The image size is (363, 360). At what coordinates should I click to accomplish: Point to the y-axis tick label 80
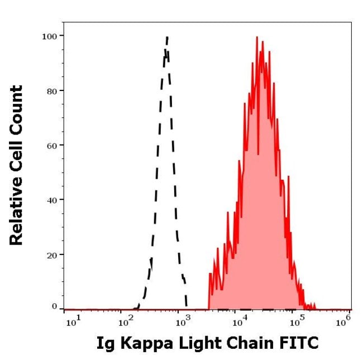coord(51,90)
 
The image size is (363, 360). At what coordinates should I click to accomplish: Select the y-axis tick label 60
coord(51,145)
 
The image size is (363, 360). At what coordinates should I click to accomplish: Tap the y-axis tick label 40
coord(51,200)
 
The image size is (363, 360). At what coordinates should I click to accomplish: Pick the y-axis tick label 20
coord(51,255)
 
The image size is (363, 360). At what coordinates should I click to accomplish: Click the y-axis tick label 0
coord(54,306)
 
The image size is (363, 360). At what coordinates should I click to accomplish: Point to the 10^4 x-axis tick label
coord(239,320)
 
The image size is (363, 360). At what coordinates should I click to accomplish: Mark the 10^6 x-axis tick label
coord(346,320)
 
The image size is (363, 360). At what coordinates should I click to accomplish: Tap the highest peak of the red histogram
coord(256,37)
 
